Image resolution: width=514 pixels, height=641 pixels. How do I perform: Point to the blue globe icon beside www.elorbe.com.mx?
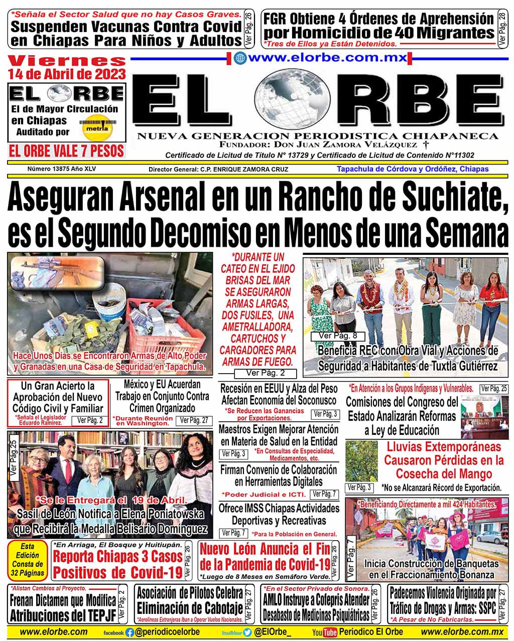point(240,58)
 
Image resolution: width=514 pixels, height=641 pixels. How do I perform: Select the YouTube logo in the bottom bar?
point(324,632)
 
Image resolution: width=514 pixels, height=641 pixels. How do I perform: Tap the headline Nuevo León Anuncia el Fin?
point(266,556)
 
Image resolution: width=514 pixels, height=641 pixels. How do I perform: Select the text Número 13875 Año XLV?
point(62,169)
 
